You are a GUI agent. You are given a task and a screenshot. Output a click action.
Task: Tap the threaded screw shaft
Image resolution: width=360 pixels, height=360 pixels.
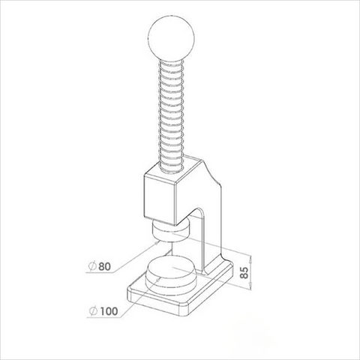tap(174, 112)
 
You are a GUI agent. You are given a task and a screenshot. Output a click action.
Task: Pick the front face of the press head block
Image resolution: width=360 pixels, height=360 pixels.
tap(160, 196)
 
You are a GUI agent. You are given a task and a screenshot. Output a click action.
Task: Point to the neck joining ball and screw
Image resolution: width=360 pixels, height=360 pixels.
tap(171, 60)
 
